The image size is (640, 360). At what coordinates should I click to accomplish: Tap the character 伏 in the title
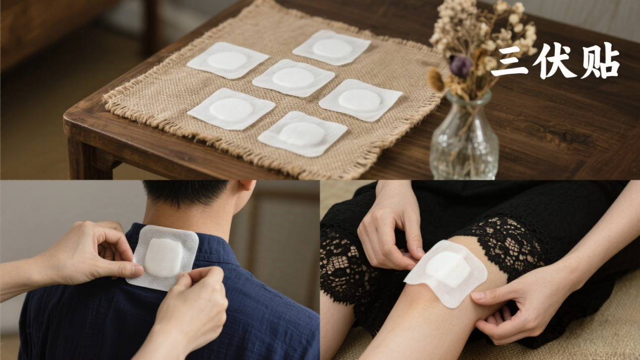pyautogui.click(x=554, y=61)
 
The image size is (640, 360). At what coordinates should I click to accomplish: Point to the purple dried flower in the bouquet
pyautogui.click(x=460, y=65)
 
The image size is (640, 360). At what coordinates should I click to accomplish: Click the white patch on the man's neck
pyautogui.click(x=163, y=258)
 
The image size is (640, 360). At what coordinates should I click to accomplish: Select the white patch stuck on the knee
pyautogui.click(x=446, y=273)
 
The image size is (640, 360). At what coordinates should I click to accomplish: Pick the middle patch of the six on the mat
pyautogui.click(x=293, y=78)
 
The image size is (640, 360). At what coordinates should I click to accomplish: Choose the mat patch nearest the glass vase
pyautogui.click(x=361, y=100)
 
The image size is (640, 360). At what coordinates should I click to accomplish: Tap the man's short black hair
pyautogui.click(x=186, y=191)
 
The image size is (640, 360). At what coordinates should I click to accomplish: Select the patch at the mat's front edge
pyautogui.click(x=302, y=134)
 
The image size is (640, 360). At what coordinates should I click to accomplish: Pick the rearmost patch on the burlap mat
pyautogui.click(x=332, y=47)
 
